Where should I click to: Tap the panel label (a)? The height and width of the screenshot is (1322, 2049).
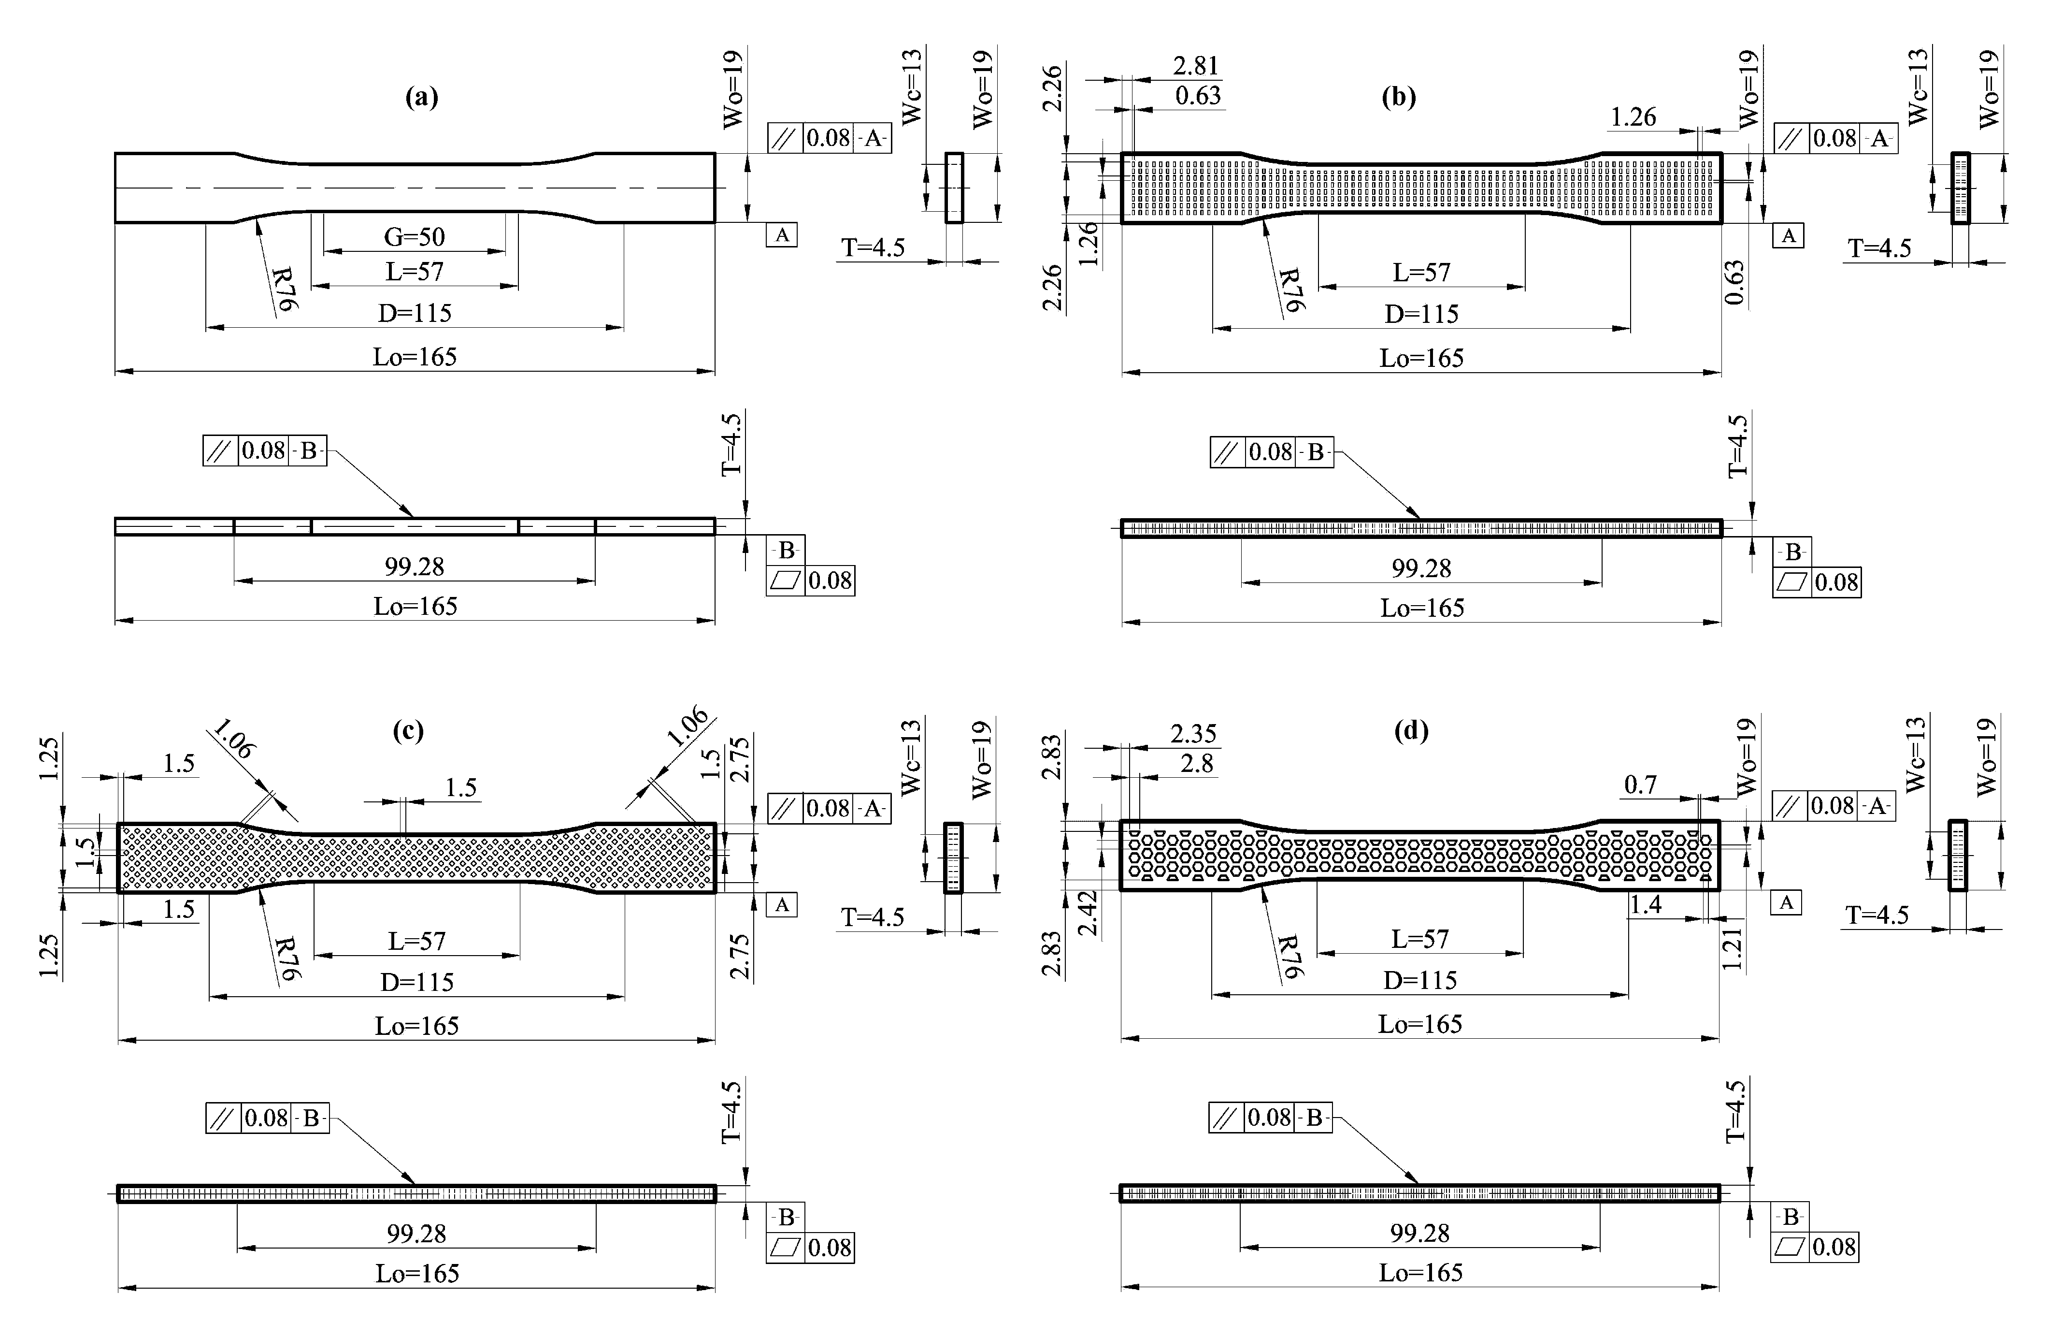tap(421, 97)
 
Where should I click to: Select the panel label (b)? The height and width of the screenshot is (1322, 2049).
tap(1399, 97)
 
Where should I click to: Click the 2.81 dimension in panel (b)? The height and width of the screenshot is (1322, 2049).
tap(1195, 66)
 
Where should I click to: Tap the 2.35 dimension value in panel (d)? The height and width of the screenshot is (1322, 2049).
tap(1193, 734)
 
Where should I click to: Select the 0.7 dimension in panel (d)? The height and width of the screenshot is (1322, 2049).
tap(1640, 784)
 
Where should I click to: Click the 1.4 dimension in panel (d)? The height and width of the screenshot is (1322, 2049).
tap(1646, 904)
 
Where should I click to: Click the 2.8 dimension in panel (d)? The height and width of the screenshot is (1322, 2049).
tap(1196, 763)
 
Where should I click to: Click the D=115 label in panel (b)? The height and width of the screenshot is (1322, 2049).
tap(1421, 314)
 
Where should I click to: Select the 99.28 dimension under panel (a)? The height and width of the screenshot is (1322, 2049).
tap(415, 567)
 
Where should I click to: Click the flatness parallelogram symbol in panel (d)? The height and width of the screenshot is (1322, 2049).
tap(1790, 1247)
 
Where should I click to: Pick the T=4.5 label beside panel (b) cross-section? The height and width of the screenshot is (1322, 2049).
tap(1879, 248)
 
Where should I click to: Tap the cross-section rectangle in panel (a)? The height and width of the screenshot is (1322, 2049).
tap(954, 188)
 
